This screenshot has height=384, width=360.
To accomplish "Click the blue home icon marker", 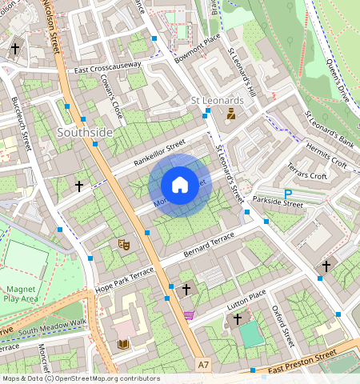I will (180, 186).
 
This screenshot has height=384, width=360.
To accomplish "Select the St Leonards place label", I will (217, 101).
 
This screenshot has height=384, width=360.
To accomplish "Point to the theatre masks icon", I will (123, 242).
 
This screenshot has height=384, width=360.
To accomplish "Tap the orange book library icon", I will (122, 344).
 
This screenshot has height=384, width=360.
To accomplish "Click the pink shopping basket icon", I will (189, 314).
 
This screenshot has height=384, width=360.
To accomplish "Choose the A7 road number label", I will (203, 364).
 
